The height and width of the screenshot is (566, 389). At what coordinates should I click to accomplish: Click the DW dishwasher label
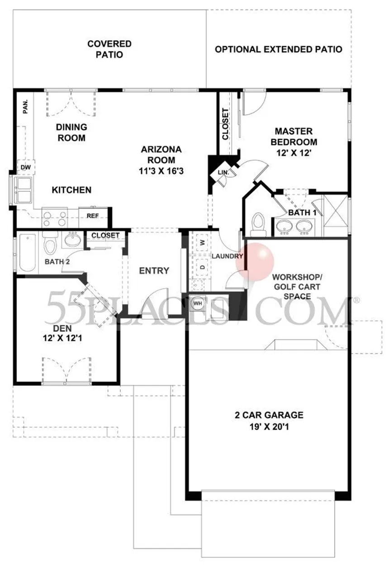(x=25, y=167)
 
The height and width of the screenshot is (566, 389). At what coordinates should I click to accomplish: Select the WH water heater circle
(x=198, y=303)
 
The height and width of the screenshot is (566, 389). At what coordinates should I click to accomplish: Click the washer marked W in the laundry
(x=203, y=243)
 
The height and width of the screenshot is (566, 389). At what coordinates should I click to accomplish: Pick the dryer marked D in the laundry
(x=203, y=267)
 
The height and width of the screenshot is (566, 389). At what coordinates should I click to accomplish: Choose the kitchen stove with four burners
(x=55, y=217)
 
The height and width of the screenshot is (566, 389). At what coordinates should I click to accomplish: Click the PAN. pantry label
(x=25, y=107)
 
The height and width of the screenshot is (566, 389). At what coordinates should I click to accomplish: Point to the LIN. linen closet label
(x=223, y=173)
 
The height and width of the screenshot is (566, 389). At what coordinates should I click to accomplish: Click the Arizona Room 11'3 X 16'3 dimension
(x=161, y=171)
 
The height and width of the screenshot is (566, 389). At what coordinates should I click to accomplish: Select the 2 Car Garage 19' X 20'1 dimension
(x=269, y=427)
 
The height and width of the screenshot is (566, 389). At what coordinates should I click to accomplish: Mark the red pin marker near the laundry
(x=255, y=262)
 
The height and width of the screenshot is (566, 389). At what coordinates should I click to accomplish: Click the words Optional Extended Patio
(x=279, y=49)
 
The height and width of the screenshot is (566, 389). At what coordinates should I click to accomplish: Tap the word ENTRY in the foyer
(x=154, y=271)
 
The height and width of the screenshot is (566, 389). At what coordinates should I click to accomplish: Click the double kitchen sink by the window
(x=24, y=190)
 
